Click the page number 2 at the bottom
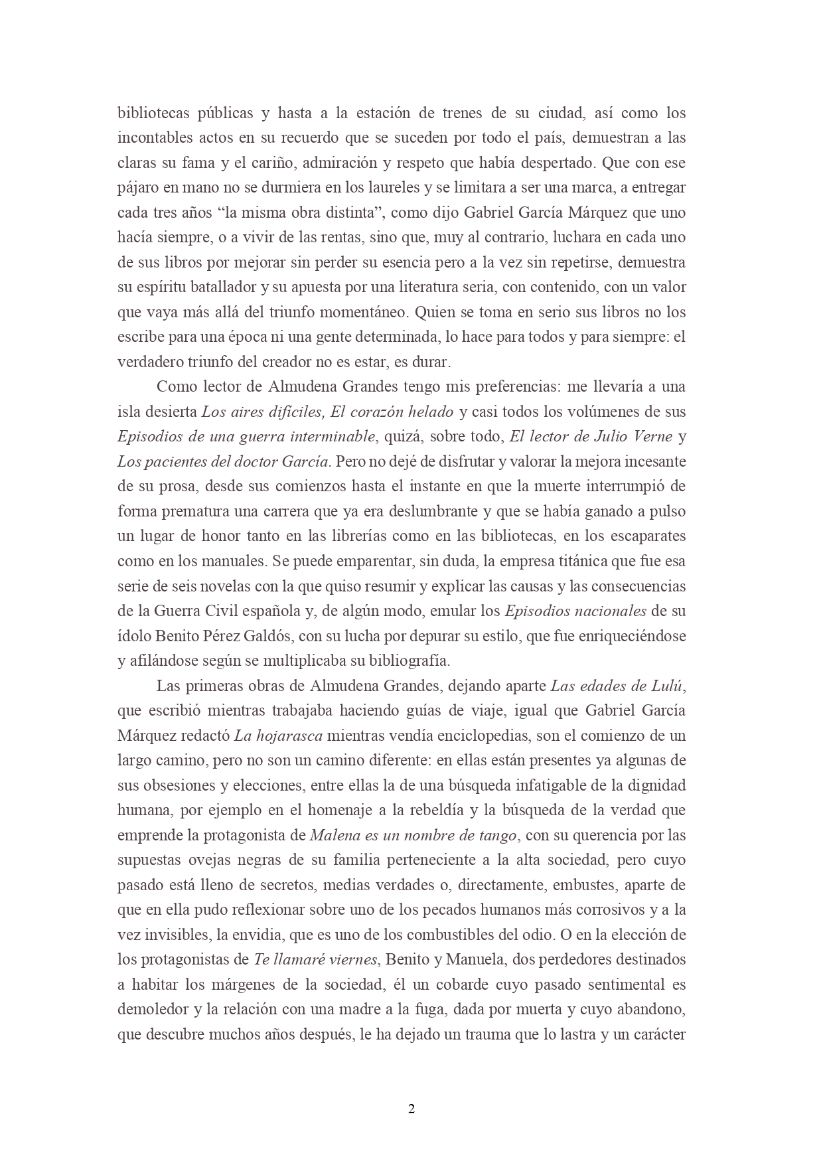411,1109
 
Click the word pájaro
137,188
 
